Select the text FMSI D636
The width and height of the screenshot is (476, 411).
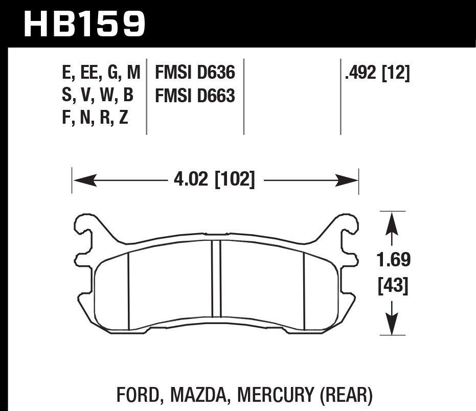[x=195, y=73]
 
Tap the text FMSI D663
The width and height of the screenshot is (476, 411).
[x=195, y=96]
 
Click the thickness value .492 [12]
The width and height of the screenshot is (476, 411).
[x=377, y=74]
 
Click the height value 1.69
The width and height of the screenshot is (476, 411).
[x=393, y=260]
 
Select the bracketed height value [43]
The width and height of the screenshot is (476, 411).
[x=393, y=286]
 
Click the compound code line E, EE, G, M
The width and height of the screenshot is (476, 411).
[x=101, y=74]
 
